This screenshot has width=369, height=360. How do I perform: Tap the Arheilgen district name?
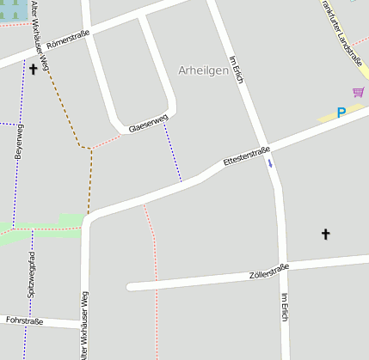point(203,70)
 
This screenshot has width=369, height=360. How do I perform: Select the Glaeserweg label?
point(147,125)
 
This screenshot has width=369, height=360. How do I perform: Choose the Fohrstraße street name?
point(24,320)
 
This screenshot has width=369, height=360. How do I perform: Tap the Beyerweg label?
point(19,142)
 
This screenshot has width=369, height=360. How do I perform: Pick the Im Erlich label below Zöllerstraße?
point(285,308)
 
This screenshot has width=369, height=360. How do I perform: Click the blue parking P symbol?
point(341,113)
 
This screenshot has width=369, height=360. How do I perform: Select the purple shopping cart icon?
point(358,92)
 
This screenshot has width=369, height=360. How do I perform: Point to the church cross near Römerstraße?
point(34,68)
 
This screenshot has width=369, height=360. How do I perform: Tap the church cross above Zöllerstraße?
point(326,233)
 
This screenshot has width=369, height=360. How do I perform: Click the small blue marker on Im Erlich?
point(270,161)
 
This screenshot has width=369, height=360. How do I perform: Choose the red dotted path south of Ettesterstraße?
point(153,249)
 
